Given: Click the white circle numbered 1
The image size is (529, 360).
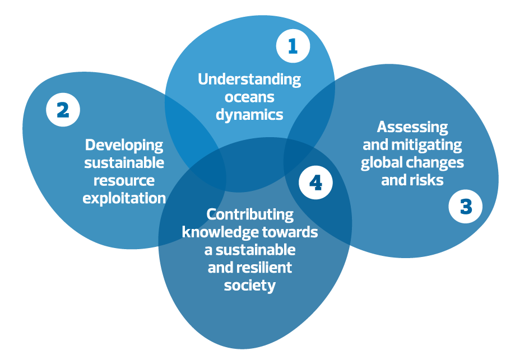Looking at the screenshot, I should tap(293, 46).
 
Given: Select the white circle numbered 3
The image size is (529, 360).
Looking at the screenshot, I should tap(465, 207).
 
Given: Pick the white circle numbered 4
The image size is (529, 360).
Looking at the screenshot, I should tap(315, 183).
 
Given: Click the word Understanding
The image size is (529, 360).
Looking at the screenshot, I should tap(249, 79).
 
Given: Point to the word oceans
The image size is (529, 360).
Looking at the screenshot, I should tap(249, 97).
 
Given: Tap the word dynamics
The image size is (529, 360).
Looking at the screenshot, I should tap(249, 115).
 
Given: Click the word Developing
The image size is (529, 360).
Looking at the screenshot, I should tap(124, 145).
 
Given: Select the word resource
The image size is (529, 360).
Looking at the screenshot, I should tap(124, 180).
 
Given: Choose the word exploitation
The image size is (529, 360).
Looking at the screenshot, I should tap(124, 198).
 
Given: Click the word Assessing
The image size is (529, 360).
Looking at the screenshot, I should tap(412, 127).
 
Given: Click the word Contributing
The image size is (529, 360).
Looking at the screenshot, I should tap(250, 214).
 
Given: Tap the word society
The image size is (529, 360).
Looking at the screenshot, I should tap(250, 285).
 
